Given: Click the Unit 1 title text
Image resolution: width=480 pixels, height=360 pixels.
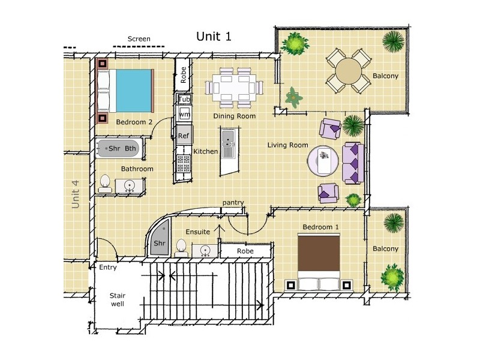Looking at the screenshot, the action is coord(214,37).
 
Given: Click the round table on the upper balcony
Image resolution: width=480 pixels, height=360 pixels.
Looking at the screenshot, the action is coord(349,71).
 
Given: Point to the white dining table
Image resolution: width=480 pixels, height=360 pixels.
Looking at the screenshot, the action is coord(234,87).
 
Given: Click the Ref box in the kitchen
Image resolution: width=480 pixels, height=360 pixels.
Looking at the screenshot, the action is coord(184,135).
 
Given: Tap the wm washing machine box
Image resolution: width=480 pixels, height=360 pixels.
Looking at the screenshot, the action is coord(184,114).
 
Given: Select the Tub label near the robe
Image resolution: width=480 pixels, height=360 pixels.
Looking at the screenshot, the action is coord(184,99).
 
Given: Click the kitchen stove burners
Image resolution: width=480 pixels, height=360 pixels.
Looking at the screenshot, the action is coord(184,163).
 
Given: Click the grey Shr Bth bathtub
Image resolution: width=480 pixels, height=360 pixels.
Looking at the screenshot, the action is coord(118,148).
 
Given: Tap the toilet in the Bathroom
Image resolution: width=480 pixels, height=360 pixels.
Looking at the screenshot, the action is coord(105,184).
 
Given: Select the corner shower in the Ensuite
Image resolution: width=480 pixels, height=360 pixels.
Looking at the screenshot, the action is coord(159,238).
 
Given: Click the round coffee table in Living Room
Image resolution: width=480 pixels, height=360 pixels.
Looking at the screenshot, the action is coord(323,161).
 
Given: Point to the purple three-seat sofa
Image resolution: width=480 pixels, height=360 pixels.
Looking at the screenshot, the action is coord(353,163).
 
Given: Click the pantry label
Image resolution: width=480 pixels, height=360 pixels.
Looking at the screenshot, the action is coord(233,202).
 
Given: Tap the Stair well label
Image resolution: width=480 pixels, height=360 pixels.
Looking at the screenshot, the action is coord(118,299).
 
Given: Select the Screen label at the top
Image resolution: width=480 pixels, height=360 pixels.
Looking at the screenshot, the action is coord(139,39).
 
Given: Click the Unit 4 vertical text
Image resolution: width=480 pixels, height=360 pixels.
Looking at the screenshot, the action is coord(76,194).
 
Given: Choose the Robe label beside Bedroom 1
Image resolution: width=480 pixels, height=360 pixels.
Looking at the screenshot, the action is coord(245,251).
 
